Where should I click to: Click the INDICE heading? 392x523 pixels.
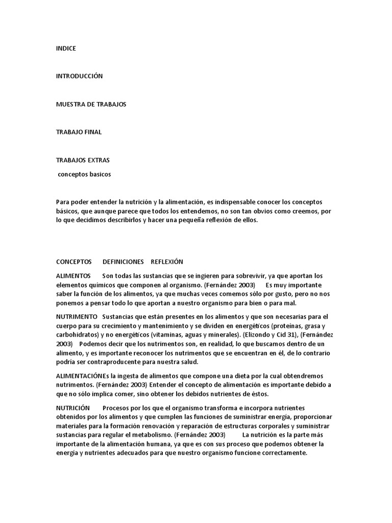point(66,49)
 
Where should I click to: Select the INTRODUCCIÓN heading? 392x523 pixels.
point(79,76)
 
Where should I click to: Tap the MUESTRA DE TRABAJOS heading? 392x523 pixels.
point(91,104)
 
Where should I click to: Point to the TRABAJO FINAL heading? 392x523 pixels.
point(79,132)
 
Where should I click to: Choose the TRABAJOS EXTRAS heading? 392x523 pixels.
point(82,160)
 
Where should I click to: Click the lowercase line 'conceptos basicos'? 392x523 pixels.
point(84,174)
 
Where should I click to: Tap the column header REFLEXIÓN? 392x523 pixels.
point(166,261)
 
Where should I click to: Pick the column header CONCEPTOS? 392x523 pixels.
point(73,261)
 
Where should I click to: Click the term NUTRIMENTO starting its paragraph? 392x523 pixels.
point(77,317)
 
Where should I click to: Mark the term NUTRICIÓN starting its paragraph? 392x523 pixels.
point(73,408)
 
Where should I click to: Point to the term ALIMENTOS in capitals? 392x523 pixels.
point(73,276)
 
